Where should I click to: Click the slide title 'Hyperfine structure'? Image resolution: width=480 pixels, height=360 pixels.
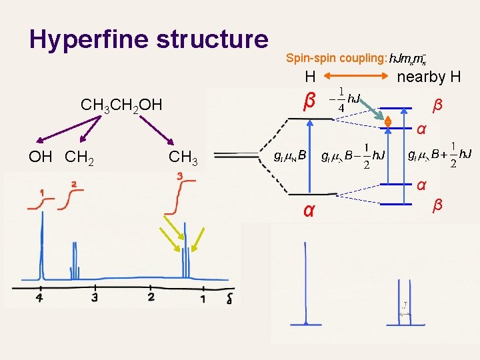click(149, 39)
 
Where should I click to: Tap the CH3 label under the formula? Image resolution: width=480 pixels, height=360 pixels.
click(183, 157)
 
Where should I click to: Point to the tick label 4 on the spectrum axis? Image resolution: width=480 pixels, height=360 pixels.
click(40, 297)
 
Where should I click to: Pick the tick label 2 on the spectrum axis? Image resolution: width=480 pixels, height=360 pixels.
click(151, 297)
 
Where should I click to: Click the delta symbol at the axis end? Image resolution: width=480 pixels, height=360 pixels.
click(229, 298)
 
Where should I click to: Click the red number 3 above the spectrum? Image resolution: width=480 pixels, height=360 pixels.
click(180, 176)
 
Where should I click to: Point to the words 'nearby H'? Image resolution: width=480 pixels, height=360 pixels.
click(429, 77)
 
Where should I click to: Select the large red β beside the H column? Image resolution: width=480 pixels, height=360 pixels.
click(308, 102)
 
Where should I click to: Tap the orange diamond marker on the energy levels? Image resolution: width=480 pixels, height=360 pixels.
click(387, 123)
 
